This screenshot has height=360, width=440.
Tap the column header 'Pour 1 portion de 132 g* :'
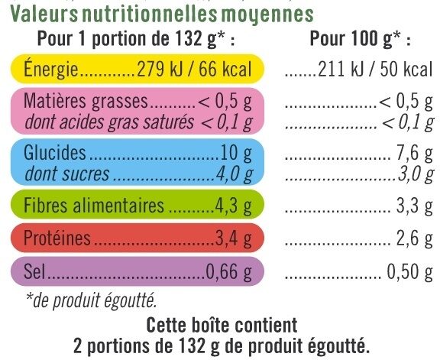point(131,41)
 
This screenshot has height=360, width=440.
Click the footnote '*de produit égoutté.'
point(89,300)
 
